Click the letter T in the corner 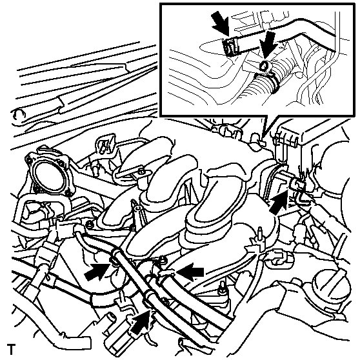11,349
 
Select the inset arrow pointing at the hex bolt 268,44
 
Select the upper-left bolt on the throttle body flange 28,159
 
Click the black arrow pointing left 191,272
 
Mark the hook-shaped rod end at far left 17,114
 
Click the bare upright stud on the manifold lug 261,237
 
